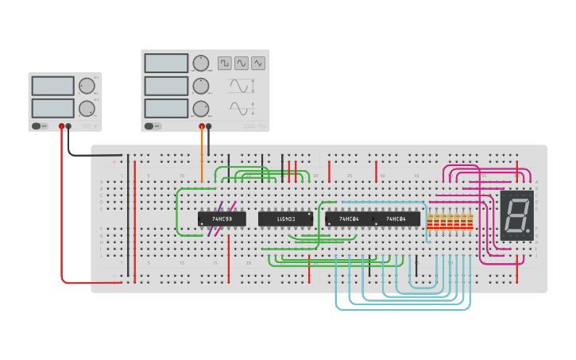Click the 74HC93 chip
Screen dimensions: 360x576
pos(222,219)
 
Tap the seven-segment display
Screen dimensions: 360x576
pos(516,215)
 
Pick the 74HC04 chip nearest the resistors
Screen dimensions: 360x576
pos(396,219)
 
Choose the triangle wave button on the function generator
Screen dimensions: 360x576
pos(258,63)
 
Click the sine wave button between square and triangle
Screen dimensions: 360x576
pos(242,63)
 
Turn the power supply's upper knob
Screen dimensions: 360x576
pos(87,86)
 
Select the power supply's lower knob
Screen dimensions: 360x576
pos(87,108)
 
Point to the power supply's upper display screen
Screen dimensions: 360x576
pos(52,86)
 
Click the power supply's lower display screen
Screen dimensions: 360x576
pos(52,107)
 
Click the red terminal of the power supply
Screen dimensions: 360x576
pos(61,126)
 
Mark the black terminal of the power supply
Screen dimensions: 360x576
pos(68,126)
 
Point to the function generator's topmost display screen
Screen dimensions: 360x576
pos(166,63)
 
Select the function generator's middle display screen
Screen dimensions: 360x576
pos(166,85)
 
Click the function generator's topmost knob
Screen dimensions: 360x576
pos(201,63)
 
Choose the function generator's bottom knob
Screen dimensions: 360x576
pos(201,108)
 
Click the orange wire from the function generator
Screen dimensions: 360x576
pos(202,155)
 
